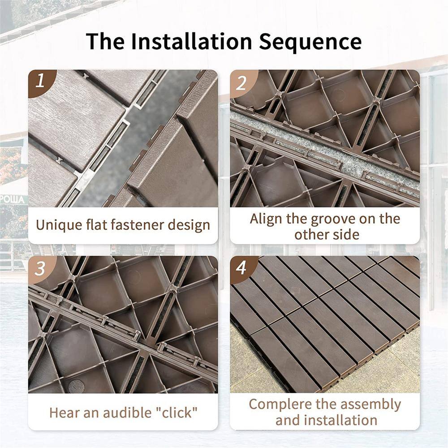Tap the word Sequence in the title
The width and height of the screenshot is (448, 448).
(310, 41)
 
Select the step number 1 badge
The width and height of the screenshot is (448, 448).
(40, 81)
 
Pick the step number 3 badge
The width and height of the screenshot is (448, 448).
(40, 268)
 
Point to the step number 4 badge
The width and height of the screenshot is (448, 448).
(242, 268)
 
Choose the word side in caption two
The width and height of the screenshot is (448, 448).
(345, 234)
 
